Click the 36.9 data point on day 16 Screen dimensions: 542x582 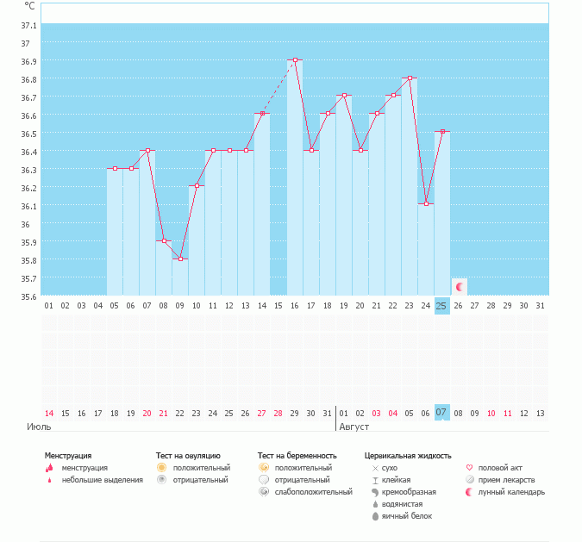click(295, 60)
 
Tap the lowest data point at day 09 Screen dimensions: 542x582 click(180, 259)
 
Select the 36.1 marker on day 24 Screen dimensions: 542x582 click(426, 204)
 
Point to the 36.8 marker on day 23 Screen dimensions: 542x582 click(410, 78)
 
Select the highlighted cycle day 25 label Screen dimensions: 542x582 click(441, 306)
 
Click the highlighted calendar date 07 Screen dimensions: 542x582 click(441, 413)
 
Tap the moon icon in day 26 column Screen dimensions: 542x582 click(460, 286)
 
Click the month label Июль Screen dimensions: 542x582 click(39, 427)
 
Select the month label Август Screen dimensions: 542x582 click(354, 427)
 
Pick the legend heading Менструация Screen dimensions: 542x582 click(68, 455)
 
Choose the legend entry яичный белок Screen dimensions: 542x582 click(407, 516)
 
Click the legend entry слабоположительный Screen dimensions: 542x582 click(313, 492)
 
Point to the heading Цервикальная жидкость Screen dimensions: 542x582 click(408, 455)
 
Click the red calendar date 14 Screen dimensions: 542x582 click(49, 414)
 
